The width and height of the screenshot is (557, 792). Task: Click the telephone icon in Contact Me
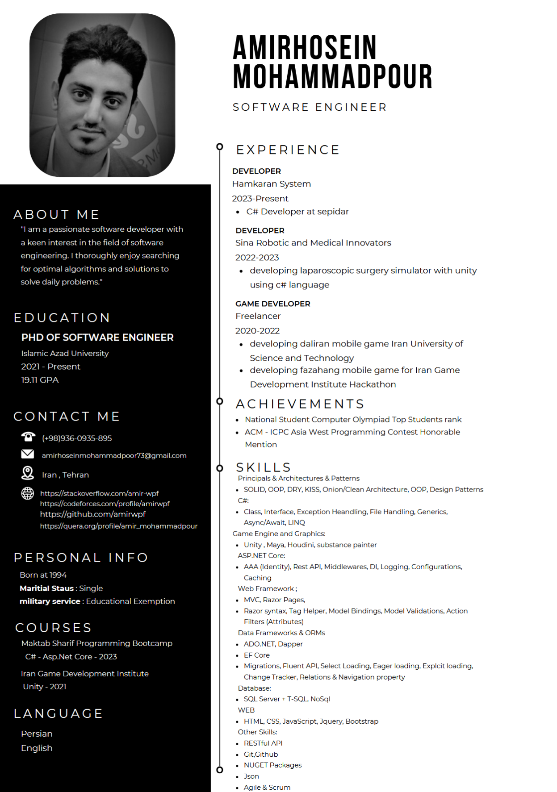click(28, 437)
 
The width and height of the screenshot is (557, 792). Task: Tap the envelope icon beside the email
click(28, 454)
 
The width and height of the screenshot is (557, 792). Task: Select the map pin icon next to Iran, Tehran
click(28, 473)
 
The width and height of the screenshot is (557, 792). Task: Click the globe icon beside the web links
click(28, 493)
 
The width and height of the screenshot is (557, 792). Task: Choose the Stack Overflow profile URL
click(99, 493)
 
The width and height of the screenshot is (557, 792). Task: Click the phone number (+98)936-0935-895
click(77, 438)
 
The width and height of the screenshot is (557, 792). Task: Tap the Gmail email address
click(114, 455)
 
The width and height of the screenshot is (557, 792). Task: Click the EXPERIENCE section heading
click(288, 150)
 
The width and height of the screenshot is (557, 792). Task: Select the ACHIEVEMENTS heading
click(300, 404)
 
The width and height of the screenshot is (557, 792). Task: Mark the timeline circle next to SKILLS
click(220, 468)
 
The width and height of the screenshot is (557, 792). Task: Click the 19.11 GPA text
click(40, 380)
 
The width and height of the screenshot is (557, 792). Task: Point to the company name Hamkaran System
click(272, 184)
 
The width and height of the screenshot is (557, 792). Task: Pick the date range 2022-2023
click(257, 258)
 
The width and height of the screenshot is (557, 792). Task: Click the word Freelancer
click(258, 316)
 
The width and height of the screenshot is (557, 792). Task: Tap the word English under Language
click(37, 748)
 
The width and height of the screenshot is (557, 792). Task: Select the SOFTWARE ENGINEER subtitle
click(310, 107)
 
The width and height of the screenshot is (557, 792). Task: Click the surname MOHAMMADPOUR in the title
click(333, 76)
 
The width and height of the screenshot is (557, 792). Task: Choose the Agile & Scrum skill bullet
click(267, 788)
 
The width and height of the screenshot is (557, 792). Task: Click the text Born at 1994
click(43, 575)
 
